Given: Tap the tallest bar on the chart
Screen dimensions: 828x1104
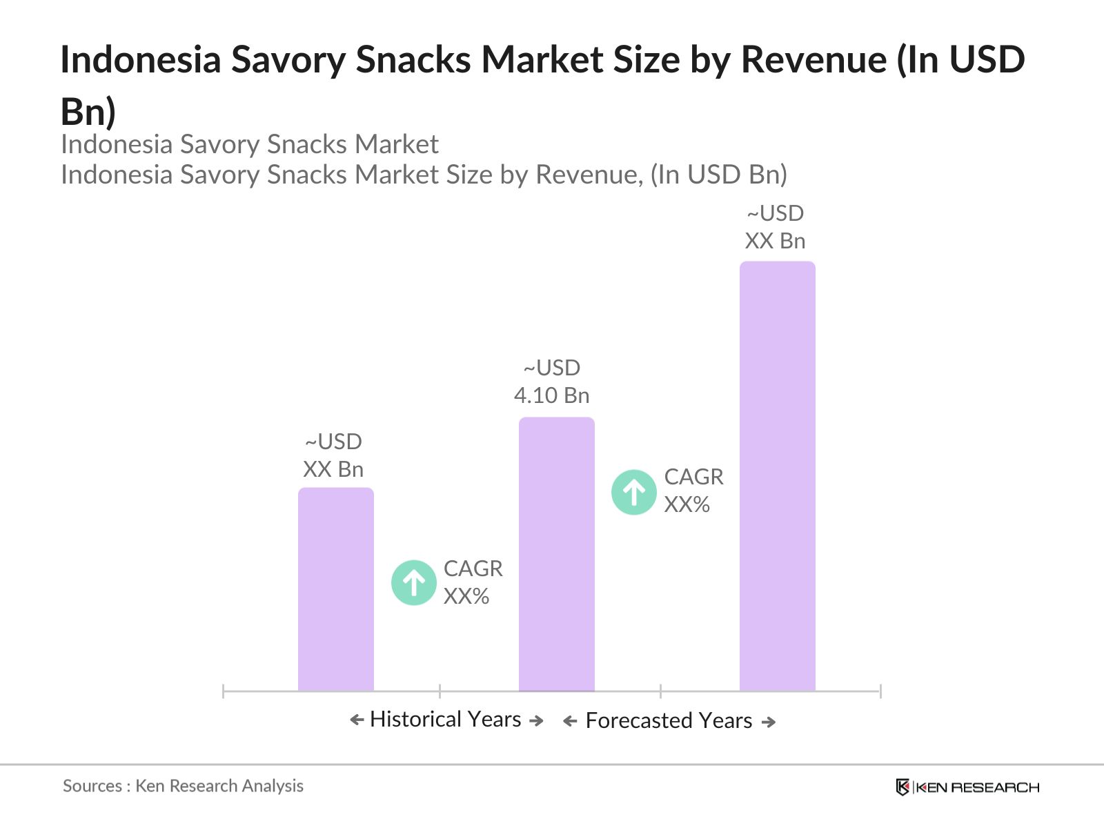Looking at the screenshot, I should pos(777,475).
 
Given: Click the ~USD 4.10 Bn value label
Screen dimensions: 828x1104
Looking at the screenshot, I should pos(552,382).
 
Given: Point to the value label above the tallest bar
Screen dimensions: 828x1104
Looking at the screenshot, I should pos(775,227).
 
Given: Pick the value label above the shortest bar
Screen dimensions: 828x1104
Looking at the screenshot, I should pos(333,455).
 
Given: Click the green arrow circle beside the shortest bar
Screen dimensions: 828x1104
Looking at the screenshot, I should pos(414,582).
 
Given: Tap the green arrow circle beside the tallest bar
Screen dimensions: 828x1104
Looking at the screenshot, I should pos(634,492).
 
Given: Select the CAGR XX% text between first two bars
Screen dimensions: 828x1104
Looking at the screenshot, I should pos(473,582).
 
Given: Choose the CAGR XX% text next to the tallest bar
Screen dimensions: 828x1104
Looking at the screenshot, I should pos(693,491).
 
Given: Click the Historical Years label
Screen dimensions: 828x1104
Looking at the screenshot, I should pos(446,719).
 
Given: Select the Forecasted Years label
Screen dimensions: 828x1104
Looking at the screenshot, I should pos(669,720).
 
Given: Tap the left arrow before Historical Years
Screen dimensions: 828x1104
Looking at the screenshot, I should pos(357,720).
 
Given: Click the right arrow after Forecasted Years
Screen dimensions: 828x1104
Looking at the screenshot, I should pos(769,722).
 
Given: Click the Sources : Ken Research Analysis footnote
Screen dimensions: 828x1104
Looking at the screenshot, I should pos(183,786).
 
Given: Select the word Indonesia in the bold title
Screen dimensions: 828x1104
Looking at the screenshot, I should pos(140,59).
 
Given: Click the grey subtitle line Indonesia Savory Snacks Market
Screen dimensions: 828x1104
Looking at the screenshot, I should pos(250,144).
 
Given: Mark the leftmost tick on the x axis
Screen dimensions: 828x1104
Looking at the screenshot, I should pos(224,691).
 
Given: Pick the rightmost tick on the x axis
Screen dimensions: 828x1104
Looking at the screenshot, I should pos(880,691).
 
